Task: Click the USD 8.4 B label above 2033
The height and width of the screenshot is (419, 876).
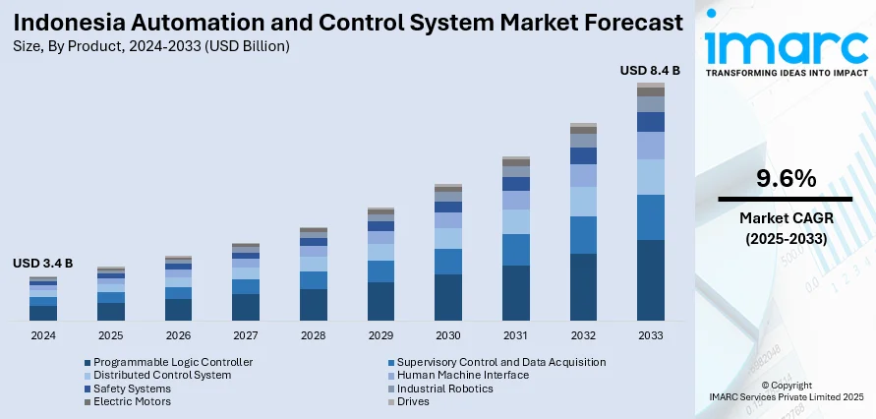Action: (x=650, y=70)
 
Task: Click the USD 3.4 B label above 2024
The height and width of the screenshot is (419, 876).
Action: (x=42, y=264)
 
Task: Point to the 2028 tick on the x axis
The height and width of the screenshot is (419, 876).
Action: (x=313, y=335)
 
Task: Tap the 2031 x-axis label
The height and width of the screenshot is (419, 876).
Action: (x=515, y=335)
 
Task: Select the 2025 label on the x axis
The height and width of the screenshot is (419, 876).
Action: (x=111, y=335)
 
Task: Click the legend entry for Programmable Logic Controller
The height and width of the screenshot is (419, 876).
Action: (x=173, y=362)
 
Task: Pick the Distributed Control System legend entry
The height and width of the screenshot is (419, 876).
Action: (x=162, y=375)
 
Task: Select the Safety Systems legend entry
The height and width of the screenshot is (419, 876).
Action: (x=132, y=389)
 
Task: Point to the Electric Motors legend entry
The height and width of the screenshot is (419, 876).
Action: (x=134, y=401)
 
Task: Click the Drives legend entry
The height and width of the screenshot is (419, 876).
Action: (x=413, y=401)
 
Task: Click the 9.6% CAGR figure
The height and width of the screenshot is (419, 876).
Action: (x=786, y=179)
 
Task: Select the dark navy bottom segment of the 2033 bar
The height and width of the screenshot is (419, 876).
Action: (x=650, y=280)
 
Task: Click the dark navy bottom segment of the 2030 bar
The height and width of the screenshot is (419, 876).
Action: (x=448, y=297)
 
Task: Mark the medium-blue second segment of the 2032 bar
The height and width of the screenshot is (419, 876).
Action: (x=583, y=235)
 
